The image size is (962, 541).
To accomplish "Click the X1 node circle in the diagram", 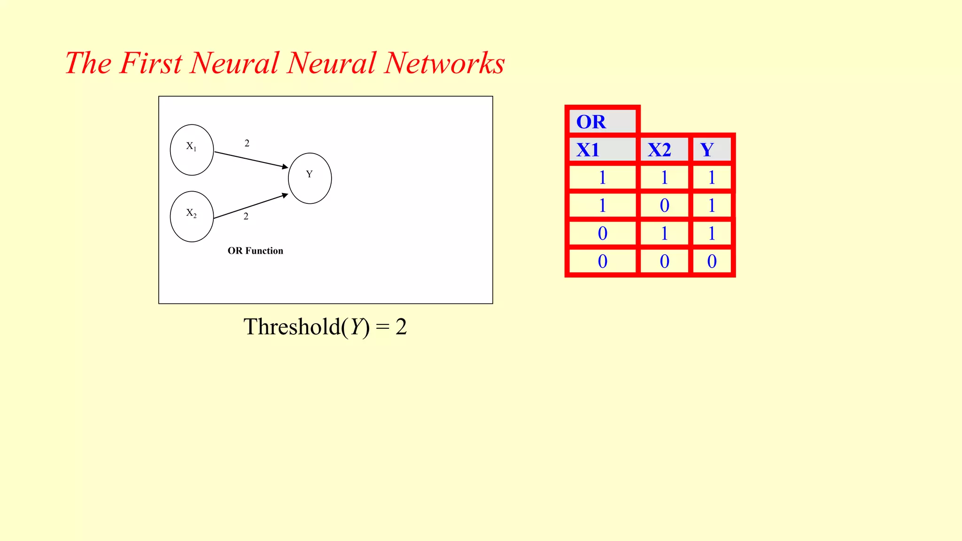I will [192, 150].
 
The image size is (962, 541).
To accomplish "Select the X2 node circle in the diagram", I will [192, 216].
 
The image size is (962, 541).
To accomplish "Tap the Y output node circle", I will [310, 178].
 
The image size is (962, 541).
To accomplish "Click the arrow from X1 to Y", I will [251, 160].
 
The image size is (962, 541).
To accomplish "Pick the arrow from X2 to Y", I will [251, 206].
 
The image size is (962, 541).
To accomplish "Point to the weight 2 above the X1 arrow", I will [247, 143].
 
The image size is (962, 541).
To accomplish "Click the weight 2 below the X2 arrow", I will [246, 216].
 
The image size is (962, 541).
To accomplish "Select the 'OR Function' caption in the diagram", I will [256, 251].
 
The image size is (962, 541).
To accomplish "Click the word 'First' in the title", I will [150, 63].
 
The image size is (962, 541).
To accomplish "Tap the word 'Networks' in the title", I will [444, 63].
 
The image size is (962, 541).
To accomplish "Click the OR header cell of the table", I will [602, 122].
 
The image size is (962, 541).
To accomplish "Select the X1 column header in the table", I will [602, 150].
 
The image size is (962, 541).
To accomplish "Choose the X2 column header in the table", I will [664, 150].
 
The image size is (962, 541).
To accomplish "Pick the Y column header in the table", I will [712, 150].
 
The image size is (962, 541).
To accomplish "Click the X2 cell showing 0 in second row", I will [664, 206].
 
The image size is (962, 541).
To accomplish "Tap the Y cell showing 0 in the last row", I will [712, 261].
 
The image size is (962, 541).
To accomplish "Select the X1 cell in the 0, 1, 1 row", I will [602, 233].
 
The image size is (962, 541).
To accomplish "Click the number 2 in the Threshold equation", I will [401, 327].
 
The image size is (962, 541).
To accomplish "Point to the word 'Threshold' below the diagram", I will [291, 327].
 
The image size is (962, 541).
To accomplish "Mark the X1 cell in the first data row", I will [602, 178].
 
